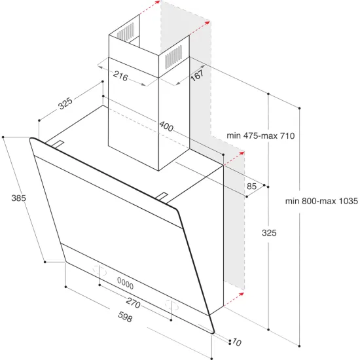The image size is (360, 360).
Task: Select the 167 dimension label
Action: pos(197,75)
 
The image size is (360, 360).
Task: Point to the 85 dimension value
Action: pos(252,187)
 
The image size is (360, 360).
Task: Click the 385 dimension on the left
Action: pos(18,198)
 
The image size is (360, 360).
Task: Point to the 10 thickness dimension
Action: pos(236,343)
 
